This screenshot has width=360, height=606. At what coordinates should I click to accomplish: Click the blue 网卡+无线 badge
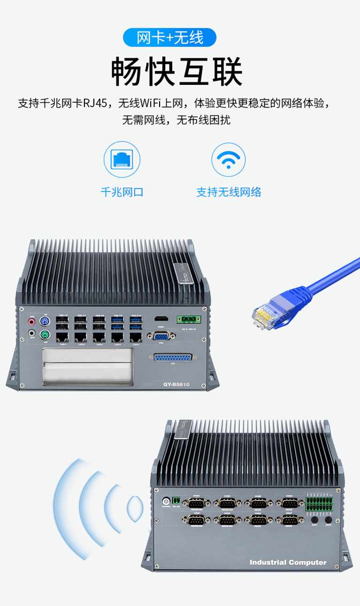pos(169,38)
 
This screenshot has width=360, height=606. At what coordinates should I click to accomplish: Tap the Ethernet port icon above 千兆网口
pos(122,159)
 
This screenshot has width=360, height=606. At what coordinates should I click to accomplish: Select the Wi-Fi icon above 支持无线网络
pos(228,159)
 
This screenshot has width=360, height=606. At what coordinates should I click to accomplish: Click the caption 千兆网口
pos(122,192)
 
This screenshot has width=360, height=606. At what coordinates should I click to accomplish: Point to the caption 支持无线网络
pos(229,192)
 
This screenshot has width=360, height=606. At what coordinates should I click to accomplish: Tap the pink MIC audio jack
pos(32,322)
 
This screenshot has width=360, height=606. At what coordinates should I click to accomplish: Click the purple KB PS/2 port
pos(45,321)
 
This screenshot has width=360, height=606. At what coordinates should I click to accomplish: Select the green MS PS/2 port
pos(45,335)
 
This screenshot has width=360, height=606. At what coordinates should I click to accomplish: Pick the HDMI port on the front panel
pos(161,319)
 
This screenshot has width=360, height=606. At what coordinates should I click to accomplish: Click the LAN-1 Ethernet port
pos(62,337)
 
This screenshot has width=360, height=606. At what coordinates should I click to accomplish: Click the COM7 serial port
pos(291,519)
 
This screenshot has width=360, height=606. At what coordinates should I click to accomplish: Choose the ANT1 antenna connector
pos(315,520)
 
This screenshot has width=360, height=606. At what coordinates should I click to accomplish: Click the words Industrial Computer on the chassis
pos(288,562)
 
